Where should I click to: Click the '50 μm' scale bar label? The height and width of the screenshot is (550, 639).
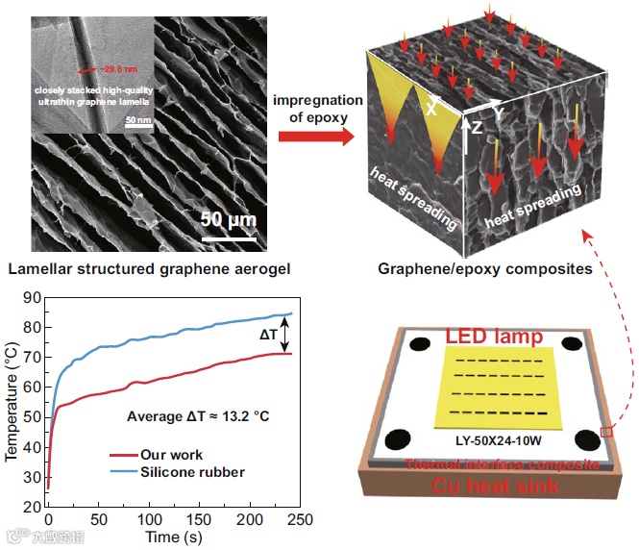(228, 218)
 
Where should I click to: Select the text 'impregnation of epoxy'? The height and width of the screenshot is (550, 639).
(318, 110)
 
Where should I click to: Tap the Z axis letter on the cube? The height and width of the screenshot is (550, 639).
(478, 126)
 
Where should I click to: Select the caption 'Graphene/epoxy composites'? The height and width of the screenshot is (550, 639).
(486, 268)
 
